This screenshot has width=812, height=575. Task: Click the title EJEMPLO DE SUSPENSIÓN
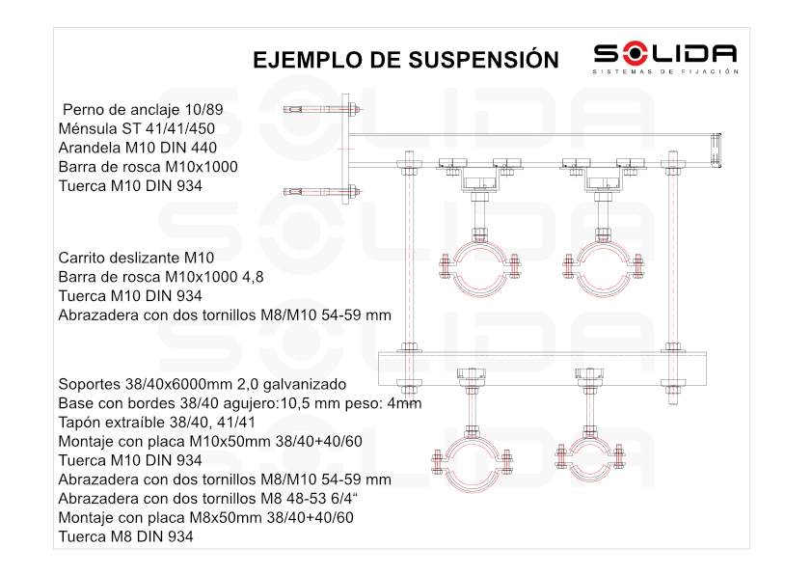[x=405, y=60]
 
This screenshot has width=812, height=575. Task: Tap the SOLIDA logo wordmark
[x=664, y=54]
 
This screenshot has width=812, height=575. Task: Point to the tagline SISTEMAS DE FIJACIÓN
[x=664, y=71]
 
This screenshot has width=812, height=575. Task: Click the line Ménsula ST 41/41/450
[x=136, y=128]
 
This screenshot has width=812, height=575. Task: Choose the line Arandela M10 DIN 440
[x=137, y=148]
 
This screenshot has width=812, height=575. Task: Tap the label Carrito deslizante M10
[x=136, y=258]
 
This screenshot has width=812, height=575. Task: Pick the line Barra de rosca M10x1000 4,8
[x=161, y=277]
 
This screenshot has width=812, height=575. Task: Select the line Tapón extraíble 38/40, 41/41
[x=156, y=422]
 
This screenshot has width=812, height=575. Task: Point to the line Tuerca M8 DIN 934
[x=125, y=536]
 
